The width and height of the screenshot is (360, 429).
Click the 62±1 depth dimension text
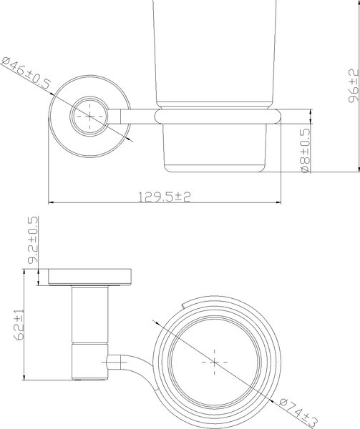pos(19,324)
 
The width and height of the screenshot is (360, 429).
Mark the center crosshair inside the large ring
pos(213,363)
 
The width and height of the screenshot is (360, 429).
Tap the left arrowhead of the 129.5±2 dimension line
pos(50,203)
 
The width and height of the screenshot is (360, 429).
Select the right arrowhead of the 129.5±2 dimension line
pos(278,203)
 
